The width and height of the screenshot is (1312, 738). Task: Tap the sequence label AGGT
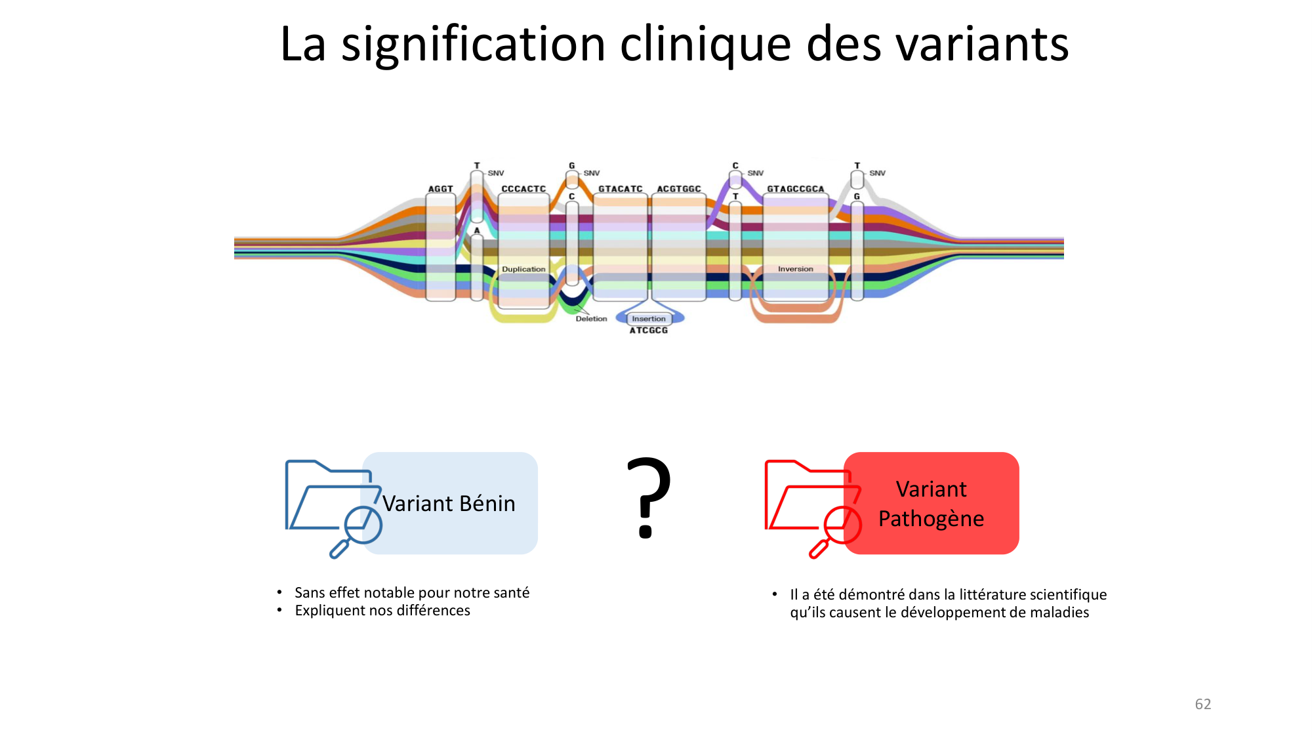pos(440,189)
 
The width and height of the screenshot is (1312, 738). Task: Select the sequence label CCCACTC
pos(523,189)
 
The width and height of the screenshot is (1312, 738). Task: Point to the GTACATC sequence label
pos(620,189)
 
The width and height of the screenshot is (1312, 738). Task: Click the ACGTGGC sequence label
pos(679,189)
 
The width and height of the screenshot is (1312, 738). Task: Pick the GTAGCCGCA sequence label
pos(795,189)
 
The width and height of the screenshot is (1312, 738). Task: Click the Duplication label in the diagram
pos(523,269)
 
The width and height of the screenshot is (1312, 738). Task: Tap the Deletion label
pos(591,319)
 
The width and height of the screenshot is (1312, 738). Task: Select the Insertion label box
pos(649,319)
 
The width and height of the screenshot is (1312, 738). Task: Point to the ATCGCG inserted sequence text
pos(649,331)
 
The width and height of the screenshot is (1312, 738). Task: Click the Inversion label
pos(795,269)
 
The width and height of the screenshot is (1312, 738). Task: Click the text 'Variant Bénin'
pos(449,504)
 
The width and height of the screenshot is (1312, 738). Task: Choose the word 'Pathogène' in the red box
pos(931,519)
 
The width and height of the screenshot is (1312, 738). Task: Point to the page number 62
pos(1202,704)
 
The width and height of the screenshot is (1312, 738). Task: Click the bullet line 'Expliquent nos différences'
pos(382,611)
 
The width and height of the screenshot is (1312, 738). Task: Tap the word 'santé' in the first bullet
pos(510,593)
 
